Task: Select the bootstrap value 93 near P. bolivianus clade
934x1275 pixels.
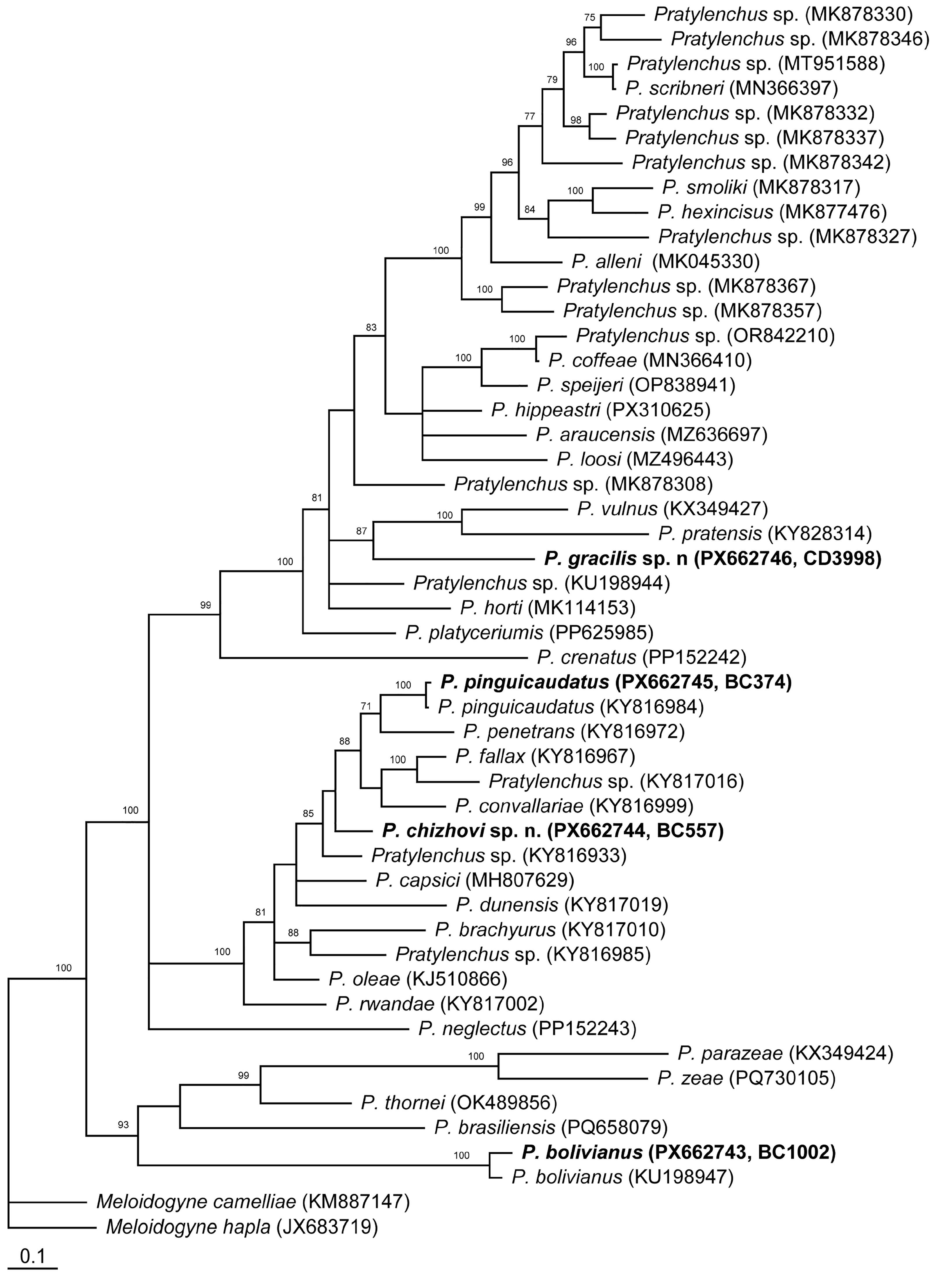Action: pyautogui.click(x=123, y=1125)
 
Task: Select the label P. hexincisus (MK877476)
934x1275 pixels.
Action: pyautogui.click(x=772, y=212)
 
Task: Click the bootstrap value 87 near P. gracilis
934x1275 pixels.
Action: pyautogui.click(x=361, y=531)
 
